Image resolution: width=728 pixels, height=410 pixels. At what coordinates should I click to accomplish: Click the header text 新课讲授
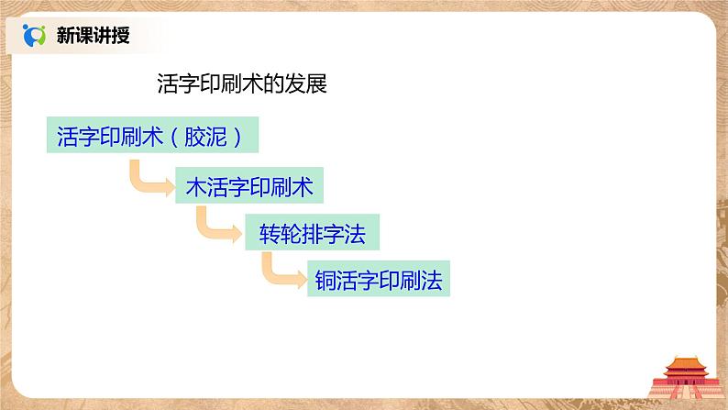point(93,36)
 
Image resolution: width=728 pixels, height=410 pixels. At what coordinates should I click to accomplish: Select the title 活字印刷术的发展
point(243,85)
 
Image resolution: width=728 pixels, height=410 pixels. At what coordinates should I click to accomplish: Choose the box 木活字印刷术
point(249,187)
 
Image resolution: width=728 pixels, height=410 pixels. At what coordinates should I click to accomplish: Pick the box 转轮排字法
point(312,234)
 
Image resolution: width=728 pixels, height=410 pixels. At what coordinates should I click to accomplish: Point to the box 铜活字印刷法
point(379,280)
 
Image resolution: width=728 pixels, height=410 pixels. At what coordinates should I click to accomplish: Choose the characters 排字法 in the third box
point(334,234)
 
